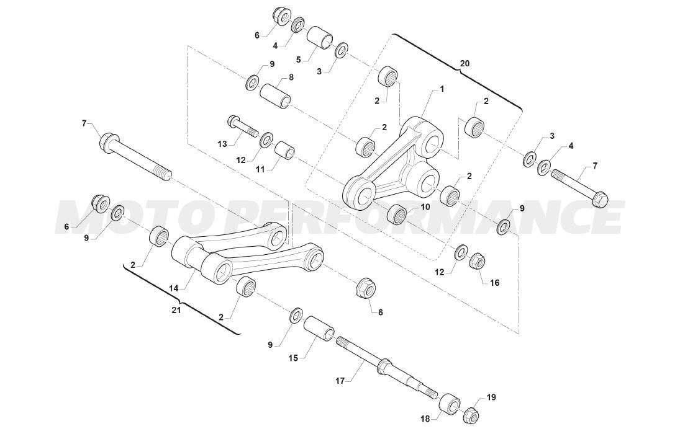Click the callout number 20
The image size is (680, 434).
464,63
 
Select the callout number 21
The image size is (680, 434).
176,310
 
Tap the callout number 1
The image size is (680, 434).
442,89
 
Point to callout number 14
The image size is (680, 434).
174,288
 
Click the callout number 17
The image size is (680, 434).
340,381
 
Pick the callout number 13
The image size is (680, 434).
222,144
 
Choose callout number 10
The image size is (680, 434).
425,207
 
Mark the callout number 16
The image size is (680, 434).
494,282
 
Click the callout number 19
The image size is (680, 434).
491,397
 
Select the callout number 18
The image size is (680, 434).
425,418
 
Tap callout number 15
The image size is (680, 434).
293,358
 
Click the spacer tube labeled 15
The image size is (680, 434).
319,330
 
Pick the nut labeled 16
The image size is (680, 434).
478,260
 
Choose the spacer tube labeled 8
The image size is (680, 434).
276,96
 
